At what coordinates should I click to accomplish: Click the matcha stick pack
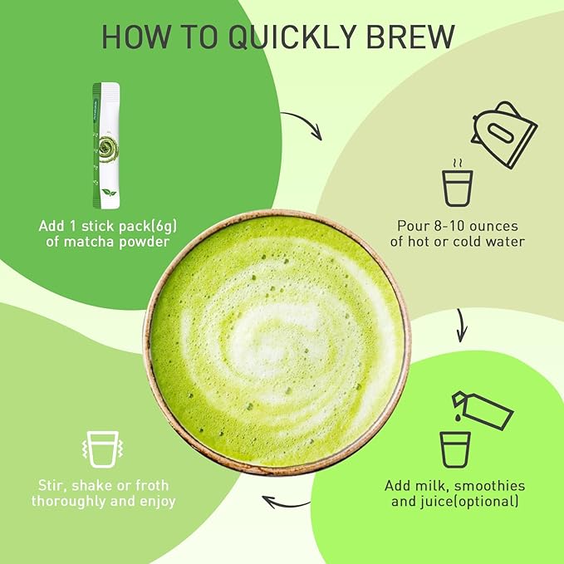pyautogui.click(x=105, y=145)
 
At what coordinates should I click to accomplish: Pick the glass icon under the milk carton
pyautogui.click(x=456, y=449)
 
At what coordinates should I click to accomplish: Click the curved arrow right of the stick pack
pyautogui.click(x=302, y=126)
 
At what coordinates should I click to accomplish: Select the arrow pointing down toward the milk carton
pyautogui.click(x=462, y=326)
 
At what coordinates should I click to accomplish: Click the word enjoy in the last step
pyautogui.click(x=155, y=502)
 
